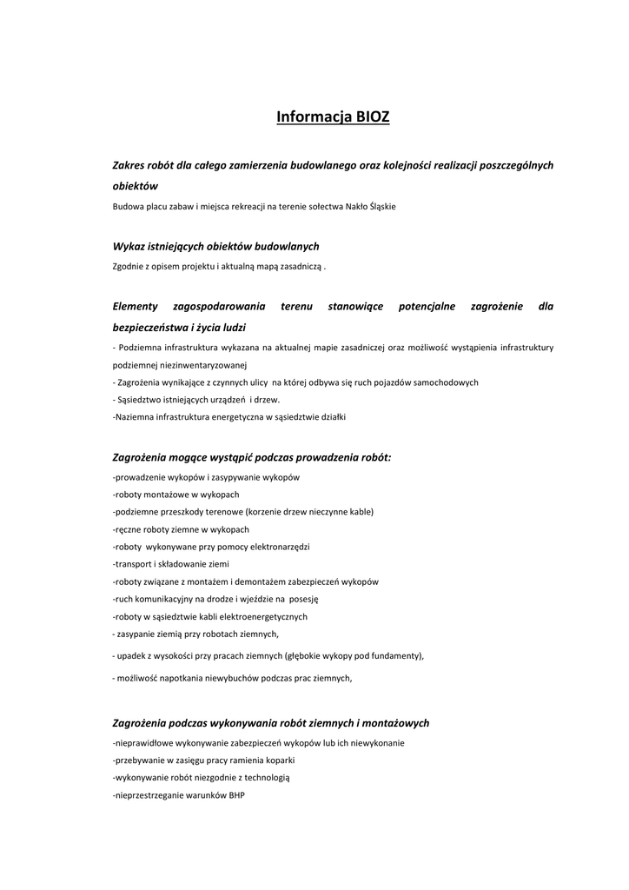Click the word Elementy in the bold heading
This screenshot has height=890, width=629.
pos(135,306)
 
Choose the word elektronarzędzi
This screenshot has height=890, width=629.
pos(274,547)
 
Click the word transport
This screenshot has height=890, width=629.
pos(132,564)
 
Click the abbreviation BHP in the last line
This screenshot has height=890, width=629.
pos(237,795)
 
